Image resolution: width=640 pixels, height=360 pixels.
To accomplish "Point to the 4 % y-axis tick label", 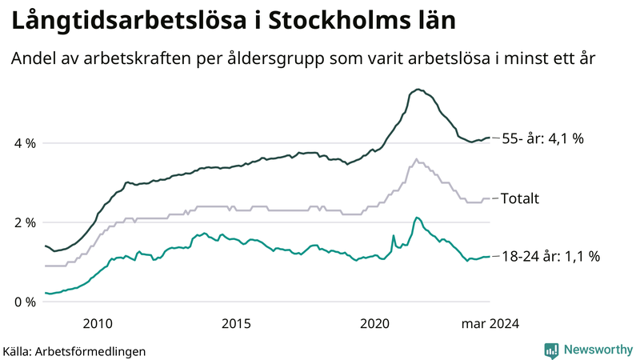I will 24,143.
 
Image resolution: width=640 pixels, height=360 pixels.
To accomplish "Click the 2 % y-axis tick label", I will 24,222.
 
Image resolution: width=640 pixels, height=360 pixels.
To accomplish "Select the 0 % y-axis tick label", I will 24,302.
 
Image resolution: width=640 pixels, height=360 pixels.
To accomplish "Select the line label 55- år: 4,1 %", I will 542,138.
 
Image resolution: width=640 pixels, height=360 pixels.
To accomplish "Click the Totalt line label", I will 521,198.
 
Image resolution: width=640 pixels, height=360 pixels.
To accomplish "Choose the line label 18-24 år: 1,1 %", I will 550,257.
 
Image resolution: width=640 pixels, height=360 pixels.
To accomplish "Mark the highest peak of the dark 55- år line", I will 418,90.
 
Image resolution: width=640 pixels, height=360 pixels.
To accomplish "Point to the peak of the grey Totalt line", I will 416,159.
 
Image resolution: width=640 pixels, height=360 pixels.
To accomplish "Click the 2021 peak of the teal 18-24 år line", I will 417,217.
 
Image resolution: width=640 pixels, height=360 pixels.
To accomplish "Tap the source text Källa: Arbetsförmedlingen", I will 74,350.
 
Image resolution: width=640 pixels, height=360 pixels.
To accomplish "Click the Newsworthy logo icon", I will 551,350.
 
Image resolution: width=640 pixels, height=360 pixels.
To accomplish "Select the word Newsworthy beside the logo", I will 598,350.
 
